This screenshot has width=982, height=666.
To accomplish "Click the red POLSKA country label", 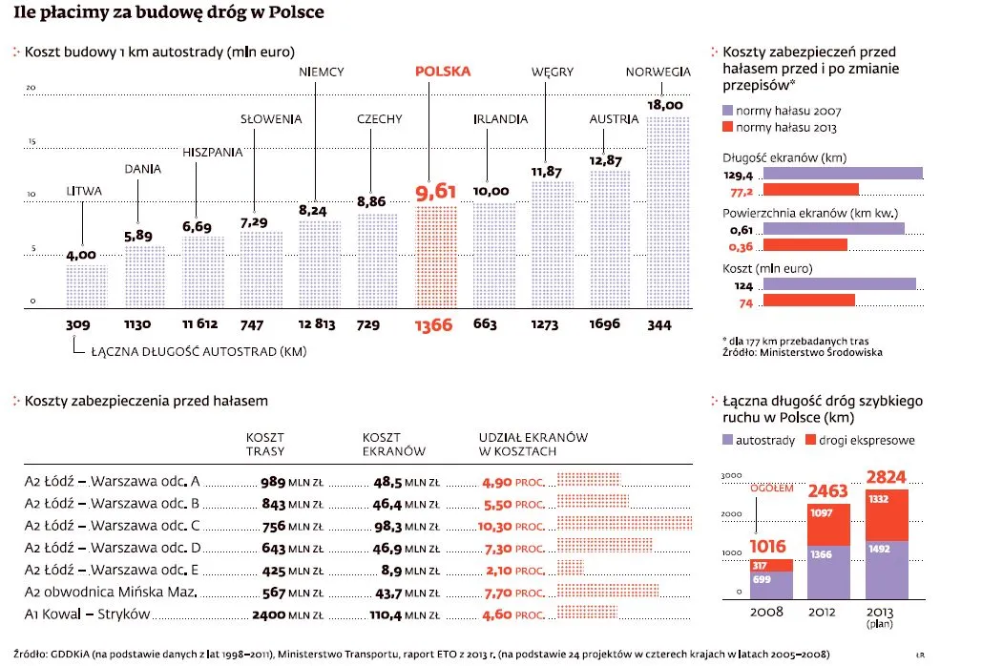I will click(x=443, y=72).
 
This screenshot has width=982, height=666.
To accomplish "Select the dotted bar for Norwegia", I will click(x=667, y=212).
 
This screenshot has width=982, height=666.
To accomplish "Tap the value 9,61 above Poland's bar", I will click(x=436, y=193).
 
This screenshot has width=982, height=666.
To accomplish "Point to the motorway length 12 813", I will click(x=316, y=324).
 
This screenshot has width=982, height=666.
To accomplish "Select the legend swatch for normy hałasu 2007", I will click(x=728, y=111).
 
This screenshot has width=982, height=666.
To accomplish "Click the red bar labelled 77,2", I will click(x=811, y=190).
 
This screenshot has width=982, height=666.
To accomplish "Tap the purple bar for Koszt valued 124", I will click(x=839, y=283).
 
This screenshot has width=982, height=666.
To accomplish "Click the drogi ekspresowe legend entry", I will click(x=860, y=440).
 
